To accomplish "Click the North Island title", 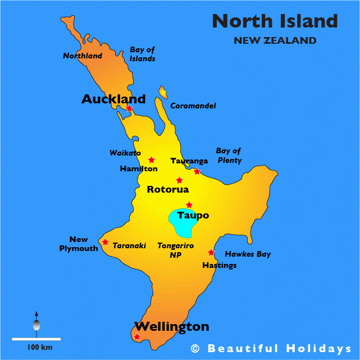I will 275,21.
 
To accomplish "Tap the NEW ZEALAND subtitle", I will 275,40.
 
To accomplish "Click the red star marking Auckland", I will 129,108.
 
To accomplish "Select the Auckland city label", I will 113,99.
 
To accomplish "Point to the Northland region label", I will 83,56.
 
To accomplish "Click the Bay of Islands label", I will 143,54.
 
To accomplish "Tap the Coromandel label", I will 193,106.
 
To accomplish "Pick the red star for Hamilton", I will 151,160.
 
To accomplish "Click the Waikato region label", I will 125,153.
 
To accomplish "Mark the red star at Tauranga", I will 197,171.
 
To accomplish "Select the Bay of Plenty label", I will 229,156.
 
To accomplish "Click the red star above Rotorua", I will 179,180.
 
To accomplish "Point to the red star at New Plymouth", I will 105,242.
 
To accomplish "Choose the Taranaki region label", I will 129,245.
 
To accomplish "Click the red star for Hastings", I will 211,253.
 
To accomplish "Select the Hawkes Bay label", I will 248,254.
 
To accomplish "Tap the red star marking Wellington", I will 137,337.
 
